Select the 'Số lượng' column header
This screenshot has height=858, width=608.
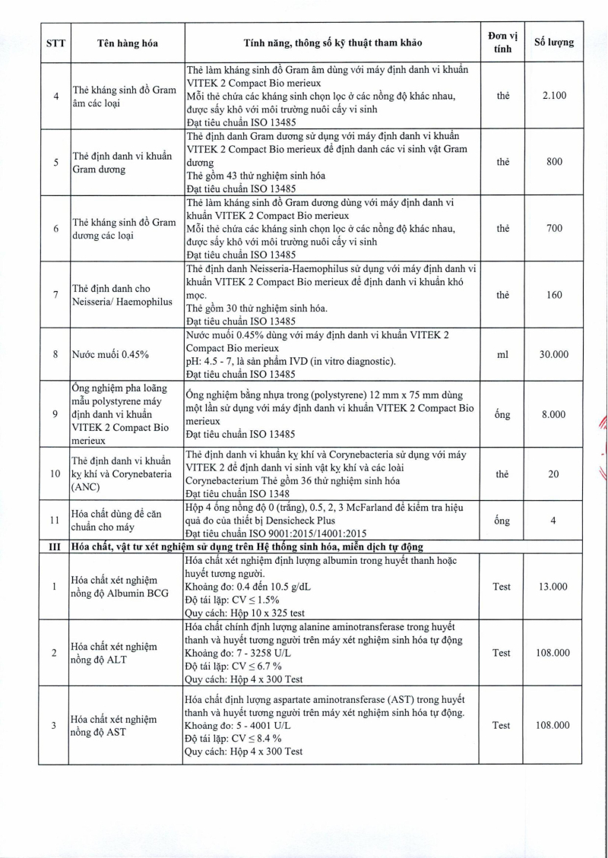(554, 43)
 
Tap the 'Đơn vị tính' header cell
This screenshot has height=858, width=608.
(502, 43)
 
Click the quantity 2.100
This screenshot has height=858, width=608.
(554, 97)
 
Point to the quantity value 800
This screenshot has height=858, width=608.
(554, 162)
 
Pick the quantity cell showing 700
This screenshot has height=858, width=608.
(554, 228)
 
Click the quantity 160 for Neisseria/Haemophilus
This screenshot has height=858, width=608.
(554, 295)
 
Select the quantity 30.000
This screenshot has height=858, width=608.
(554, 354)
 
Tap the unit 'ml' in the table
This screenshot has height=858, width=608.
(502, 354)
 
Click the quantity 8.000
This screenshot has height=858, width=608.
(554, 414)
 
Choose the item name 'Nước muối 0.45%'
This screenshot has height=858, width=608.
(110, 354)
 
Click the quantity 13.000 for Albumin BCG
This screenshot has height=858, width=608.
(554, 587)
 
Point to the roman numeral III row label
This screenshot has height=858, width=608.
(53, 546)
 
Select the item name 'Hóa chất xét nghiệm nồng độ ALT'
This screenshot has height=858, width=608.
(114, 652)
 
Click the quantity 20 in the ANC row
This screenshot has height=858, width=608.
(554, 473)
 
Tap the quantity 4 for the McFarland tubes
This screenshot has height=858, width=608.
(554, 521)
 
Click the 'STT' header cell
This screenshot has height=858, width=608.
(53, 43)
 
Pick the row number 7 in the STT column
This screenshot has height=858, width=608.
(53, 295)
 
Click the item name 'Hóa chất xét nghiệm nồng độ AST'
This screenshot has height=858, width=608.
(114, 725)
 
